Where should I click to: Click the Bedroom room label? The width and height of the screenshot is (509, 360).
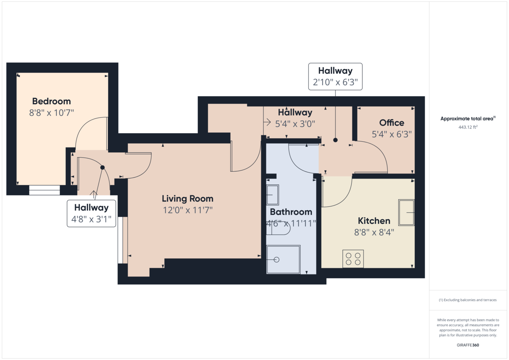tap(51, 101)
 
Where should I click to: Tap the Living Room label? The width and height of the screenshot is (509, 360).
tap(187, 198)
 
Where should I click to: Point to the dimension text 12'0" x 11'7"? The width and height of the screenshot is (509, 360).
tap(187, 209)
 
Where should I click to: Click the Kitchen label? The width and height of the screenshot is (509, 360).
tap(374, 221)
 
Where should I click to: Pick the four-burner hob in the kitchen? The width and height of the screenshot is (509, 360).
tap(353, 259)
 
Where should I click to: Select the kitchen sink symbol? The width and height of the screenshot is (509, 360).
tap(406, 212)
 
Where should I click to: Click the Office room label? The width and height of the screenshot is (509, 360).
tap(392, 123)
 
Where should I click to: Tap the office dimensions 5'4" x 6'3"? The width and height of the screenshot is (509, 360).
tap(392, 134)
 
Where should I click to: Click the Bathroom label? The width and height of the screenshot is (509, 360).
tap(291, 212)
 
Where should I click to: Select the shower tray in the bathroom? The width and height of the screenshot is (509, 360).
tap(283, 259)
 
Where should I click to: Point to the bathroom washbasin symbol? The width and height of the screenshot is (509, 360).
tap(272, 195)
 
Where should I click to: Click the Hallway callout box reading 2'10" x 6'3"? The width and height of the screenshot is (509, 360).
tap(335, 76)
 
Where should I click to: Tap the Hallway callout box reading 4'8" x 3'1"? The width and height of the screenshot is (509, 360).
tap(91, 213)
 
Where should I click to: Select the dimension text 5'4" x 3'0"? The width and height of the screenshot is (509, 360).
tap(295, 124)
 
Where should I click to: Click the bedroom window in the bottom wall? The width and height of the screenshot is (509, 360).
tap(45, 190)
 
